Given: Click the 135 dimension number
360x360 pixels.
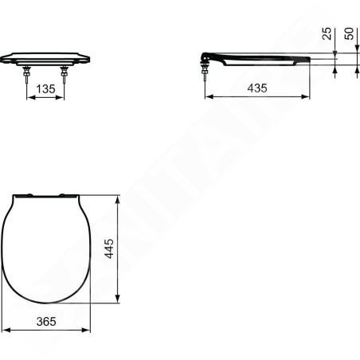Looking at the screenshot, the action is click(x=45, y=89).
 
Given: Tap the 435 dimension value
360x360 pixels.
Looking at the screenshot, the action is click(x=257, y=88).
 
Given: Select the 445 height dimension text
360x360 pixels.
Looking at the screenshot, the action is click(x=109, y=248).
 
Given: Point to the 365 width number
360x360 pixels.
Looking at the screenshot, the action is click(x=46, y=322).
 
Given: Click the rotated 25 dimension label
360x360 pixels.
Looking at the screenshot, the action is click(x=327, y=33).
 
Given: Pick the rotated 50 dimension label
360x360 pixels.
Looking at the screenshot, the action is click(x=349, y=33).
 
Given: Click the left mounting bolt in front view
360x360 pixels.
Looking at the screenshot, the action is click(x=26, y=74).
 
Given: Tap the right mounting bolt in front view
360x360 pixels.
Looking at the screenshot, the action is click(x=64, y=74).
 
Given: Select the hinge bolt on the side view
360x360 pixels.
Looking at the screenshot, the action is click(x=205, y=72).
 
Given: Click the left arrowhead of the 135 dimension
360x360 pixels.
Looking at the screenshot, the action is click(x=31, y=97).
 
